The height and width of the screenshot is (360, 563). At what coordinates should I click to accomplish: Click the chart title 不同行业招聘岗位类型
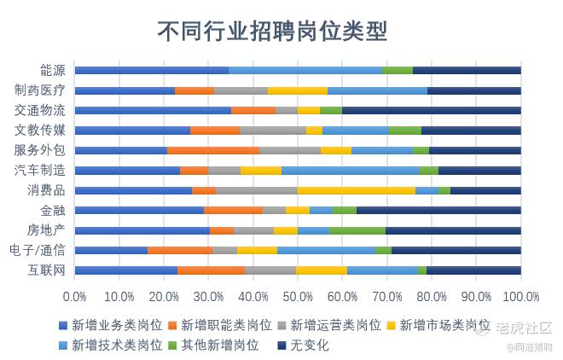coord(272,32)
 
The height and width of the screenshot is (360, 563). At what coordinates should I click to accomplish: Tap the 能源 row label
coord(52,70)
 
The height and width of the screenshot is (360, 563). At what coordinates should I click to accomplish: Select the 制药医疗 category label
coord(40,90)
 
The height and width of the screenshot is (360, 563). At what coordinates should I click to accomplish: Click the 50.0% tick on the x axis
coord(298,296)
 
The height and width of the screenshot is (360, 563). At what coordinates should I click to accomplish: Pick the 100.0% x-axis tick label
coord(521,296)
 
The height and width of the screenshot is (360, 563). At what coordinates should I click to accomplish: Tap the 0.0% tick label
coord(75,296)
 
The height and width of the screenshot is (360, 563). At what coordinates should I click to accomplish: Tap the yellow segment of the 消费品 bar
coord(357,190)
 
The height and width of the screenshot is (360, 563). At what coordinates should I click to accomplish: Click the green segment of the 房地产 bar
coord(357,230)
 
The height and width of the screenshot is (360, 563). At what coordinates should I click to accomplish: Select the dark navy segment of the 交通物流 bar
coord(431,110)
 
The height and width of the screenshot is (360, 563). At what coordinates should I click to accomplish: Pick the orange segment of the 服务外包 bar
coord(213,150)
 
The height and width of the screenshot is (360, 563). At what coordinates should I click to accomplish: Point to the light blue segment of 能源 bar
coord(305,70)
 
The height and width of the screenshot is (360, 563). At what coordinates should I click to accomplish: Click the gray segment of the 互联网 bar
coord(270,270)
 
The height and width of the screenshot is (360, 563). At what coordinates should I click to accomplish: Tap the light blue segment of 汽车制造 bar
coord(350,171)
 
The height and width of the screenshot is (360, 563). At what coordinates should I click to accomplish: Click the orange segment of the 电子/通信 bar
coord(179,250)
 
